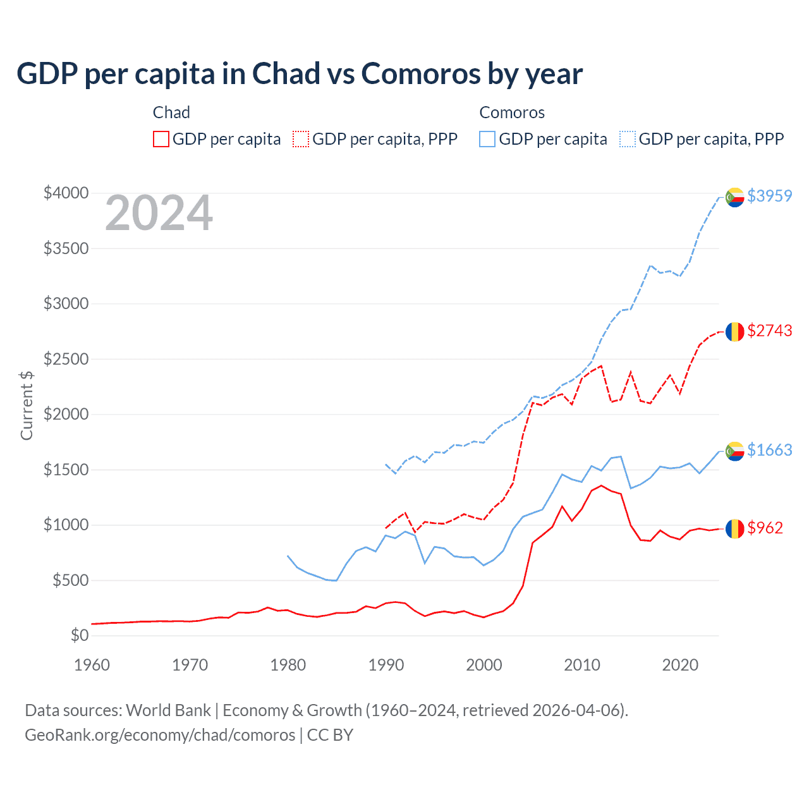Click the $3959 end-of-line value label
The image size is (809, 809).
pyautogui.click(x=769, y=196)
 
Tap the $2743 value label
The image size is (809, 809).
pyautogui.click(x=769, y=331)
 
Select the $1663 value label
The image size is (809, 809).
pyautogui.click(x=769, y=450)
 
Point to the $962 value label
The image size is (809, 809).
pyautogui.click(x=765, y=528)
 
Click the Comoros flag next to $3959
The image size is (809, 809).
pyautogui.click(x=734, y=197)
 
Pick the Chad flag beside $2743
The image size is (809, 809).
pyautogui.click(x=734, y=332)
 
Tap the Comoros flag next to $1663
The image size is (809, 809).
pyautogui.click(x=734, y=451)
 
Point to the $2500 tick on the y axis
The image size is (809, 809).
pyautogui.click(x=66, y=359)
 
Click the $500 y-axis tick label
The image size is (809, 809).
pyautogui.click(x=70, y=580)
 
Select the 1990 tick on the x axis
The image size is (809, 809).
pyautogui.click(x=386, y=665)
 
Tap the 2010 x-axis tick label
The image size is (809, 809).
pyautogui.click(x=581, y=665)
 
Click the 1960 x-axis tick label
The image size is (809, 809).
pyautogui.click(x=92, y=665)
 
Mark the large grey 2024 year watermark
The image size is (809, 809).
pyautogui.click(x=159, y=214)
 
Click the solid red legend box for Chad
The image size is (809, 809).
pyautogui.click(x=161, y=139)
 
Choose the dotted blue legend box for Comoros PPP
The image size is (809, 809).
pyautogui.click(x=628, y=139)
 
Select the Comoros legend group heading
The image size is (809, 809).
pyautogui.click(x=512, y=113)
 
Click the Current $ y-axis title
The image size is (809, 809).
pyautogui.click(x=27, y=405)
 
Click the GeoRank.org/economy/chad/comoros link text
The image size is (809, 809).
pyautogui.click(x=160, y=735)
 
